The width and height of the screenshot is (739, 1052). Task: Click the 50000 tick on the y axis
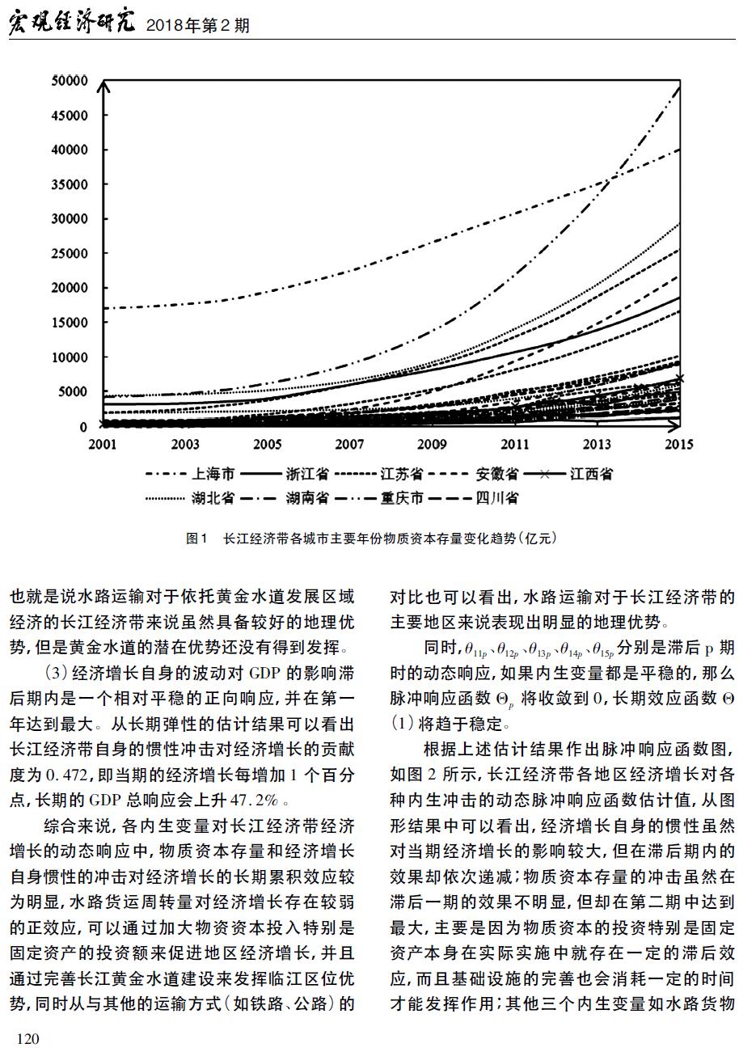coord(70,81)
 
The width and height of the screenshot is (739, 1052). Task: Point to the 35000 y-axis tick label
coord(70,184)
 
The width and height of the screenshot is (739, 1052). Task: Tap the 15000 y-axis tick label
coord(70,323)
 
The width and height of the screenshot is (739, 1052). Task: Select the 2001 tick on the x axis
coord(103,444)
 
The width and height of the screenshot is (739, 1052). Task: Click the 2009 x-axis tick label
coord(432,444)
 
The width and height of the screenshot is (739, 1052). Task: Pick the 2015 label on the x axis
coord(679,444)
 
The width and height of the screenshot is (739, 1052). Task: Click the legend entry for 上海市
coord(190,475)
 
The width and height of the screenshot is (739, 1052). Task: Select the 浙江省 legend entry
coord(285,475)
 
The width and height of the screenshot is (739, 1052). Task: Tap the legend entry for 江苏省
coord(378,475)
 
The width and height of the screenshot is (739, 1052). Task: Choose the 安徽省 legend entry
coord(474,475)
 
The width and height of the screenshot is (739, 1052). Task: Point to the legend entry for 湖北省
coord(190,498)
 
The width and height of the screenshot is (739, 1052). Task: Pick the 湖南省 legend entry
coord(285,498)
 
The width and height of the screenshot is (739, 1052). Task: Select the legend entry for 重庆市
coord(378,498)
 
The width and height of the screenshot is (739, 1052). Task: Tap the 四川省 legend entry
coord(474,498)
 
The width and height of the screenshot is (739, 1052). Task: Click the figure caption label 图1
coord(196,539)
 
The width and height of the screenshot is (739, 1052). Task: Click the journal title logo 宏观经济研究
coord(72,23)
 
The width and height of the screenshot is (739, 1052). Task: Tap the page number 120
coord(28,1039)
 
